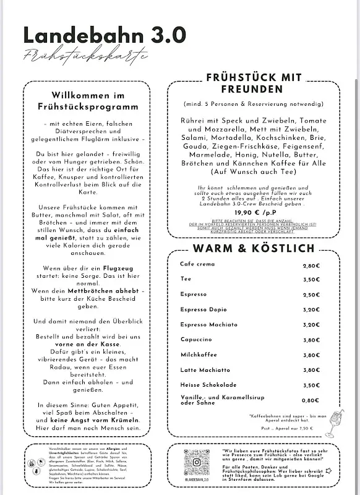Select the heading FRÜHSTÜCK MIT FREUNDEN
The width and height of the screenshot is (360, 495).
click(x=254, y=84)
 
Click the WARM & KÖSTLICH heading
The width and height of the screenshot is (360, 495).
click(x=254, y=249)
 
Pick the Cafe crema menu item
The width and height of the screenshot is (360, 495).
click(x=198, y=265)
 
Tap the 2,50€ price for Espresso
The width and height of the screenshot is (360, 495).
click(x=311, y=295)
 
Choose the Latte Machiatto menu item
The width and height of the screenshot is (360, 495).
click(x=205, y=369)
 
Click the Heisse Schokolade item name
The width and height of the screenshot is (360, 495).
click(x=208, y=384)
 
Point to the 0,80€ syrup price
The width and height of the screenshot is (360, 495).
click(x=311, y=400)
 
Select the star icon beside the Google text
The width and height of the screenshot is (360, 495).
click(x=328, y=470)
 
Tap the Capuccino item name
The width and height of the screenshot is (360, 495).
click(x=197, y=339)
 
